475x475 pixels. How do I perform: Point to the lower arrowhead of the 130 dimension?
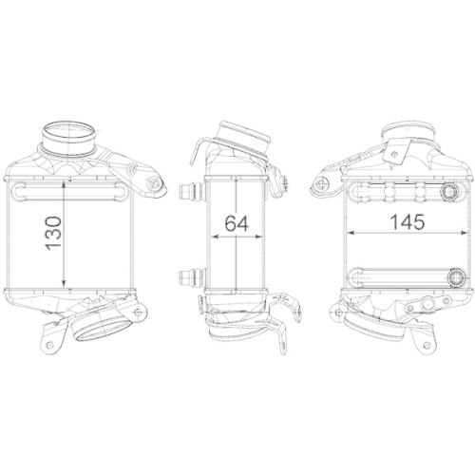pos(65,284)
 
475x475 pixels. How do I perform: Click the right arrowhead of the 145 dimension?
pos(464,237)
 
